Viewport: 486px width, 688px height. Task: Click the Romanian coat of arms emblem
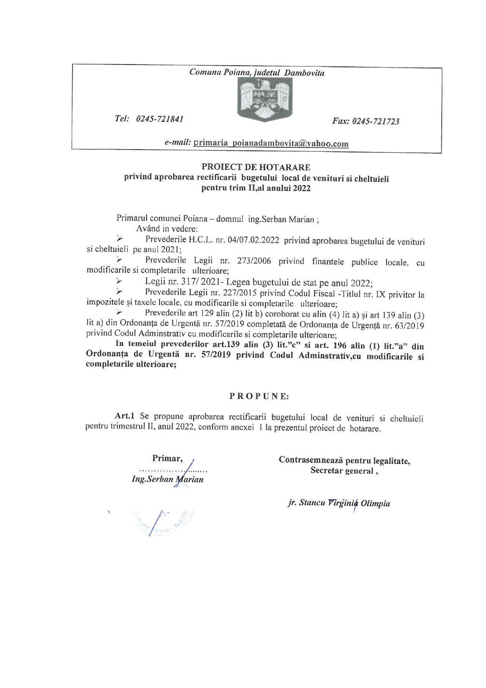(265, 100)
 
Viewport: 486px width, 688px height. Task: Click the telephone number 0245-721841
(160, 119)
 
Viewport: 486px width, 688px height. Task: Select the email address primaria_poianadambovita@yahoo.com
(271, 143)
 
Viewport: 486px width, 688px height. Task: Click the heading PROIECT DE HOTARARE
(256, 167)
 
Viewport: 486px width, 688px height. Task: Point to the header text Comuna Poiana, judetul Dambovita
(257, 73)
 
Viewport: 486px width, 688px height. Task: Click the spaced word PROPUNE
(259, 396)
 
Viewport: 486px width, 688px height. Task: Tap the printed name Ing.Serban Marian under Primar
(167, 479)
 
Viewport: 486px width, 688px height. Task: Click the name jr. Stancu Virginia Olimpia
(339, 503)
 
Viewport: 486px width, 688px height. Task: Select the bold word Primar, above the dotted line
(167, 458)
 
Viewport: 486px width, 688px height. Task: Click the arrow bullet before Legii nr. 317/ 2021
(119, 281)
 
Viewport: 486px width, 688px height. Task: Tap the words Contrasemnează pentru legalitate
(344, 460)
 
